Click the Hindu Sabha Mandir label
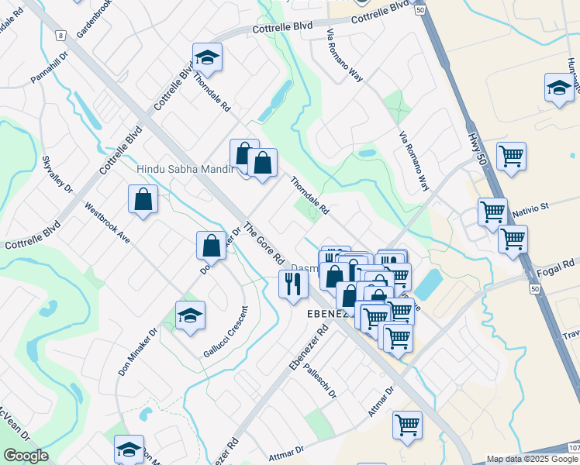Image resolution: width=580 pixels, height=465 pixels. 184,169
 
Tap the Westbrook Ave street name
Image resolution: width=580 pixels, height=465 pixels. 106,222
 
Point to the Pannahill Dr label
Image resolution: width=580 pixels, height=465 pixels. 50,68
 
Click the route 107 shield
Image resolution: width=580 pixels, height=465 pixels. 572,447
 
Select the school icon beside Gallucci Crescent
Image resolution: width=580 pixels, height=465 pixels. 190,315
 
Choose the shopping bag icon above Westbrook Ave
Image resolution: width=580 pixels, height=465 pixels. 143,199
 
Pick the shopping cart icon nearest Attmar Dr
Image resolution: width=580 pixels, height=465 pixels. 407,424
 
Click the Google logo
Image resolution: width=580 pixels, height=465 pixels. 26,456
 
